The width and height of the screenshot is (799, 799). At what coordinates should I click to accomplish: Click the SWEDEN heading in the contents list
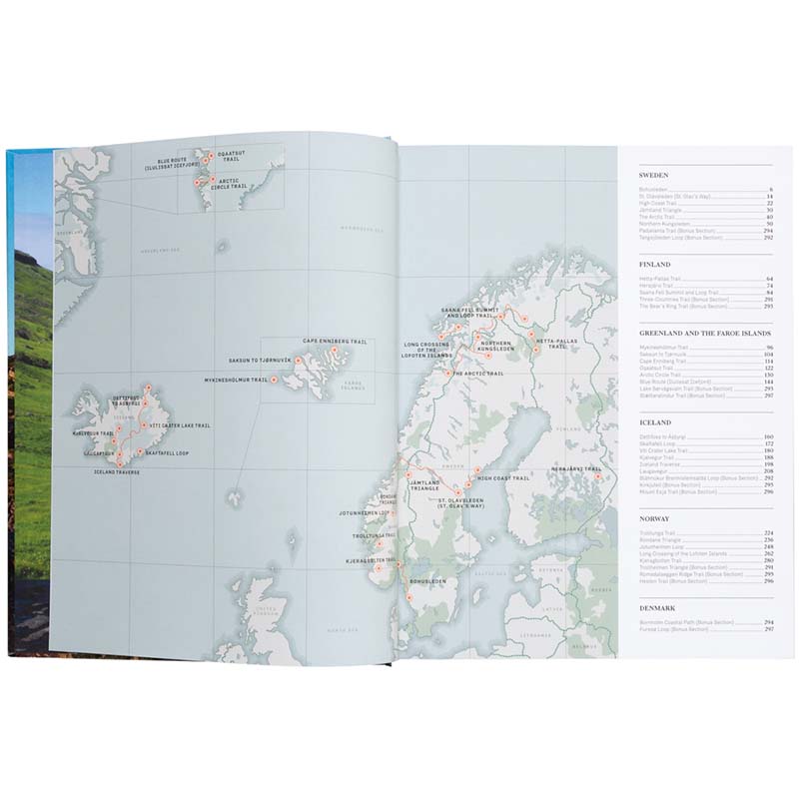pyautogui.click(x=654, y=175)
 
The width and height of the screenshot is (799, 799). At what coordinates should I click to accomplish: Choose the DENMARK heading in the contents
pyautogui.click(x=658, y=608)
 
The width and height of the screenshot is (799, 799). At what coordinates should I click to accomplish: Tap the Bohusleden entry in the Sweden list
pyautogui.click(x=655, y=190)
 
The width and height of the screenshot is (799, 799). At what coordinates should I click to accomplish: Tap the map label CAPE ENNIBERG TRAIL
pyautogui.click(x=336, y=342)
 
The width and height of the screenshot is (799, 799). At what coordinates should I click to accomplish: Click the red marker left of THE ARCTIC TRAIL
pyautogui.click(x=445, y=374)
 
